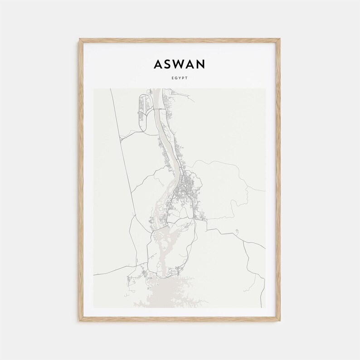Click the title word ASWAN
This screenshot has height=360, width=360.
tap(180, 65)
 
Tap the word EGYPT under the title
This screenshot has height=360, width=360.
tap(180, 78)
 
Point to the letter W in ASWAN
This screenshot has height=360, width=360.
tap(180, 65)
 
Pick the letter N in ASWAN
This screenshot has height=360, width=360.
tap(202, 65)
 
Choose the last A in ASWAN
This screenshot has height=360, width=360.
tap(192, 65)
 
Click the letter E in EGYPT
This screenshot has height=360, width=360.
tap(173, 78)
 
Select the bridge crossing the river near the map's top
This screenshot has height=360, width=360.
tap(157, 109)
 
